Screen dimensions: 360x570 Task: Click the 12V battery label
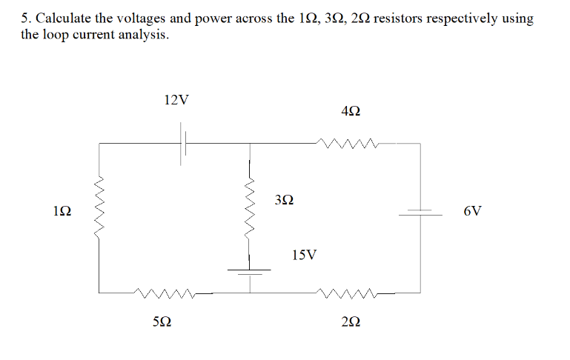(176, 99)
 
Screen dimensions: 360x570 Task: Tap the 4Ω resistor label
(351, 112)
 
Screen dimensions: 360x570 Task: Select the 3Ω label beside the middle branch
(284, 199)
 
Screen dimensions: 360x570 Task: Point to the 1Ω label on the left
(62, 212)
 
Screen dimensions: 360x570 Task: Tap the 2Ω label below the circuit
(352, 322)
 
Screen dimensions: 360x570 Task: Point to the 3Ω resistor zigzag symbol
(250, 210)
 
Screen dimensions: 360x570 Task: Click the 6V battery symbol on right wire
(420, 213)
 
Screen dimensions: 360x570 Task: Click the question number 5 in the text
(25, 19)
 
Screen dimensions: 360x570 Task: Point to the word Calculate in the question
(64, 19)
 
